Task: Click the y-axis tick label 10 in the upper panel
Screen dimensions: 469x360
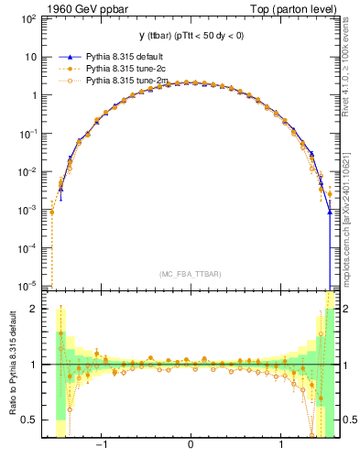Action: click(x=30, y=57)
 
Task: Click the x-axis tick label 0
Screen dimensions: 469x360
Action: click(x=190, y=446)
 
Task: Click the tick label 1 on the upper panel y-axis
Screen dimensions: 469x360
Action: click(x=34, y=95)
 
